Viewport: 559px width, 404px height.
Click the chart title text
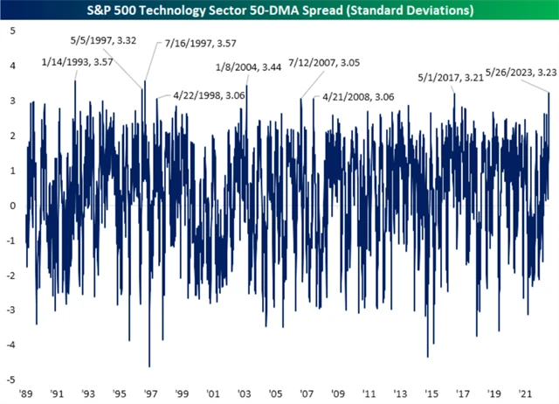click(279, 11)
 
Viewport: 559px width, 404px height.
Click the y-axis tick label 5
click(12, 31)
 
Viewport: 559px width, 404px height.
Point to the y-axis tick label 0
click(12, 205)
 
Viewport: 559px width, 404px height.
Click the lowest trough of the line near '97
click(149, 366)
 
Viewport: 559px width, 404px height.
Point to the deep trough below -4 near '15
click(427, 357)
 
